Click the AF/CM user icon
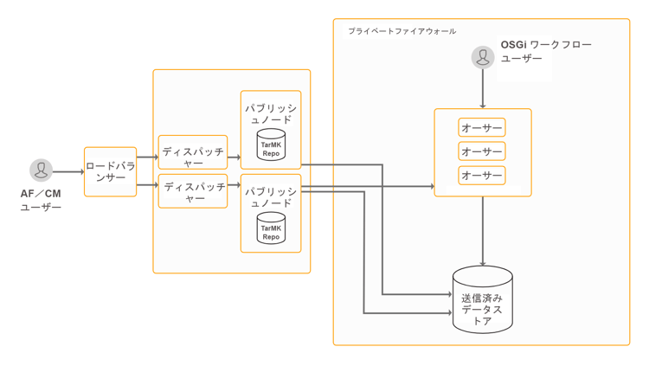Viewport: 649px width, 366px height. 41,170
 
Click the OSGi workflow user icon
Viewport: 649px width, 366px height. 483,57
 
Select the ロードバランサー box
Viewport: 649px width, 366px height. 111,171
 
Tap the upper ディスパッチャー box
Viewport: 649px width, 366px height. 193,152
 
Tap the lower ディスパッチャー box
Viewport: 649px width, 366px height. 193,191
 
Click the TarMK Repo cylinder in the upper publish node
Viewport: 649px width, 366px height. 271,146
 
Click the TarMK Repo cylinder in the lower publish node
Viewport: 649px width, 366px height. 271,228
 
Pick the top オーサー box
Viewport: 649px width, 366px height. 482,128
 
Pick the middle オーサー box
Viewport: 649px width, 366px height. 482,151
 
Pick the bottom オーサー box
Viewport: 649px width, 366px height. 482,175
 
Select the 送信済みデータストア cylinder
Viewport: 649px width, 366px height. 483,301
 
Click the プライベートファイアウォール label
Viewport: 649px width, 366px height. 402,31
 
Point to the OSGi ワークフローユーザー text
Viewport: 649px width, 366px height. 546,51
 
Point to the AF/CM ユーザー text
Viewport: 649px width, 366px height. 41,200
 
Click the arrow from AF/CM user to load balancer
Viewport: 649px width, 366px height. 68,171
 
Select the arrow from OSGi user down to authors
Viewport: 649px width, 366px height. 483,88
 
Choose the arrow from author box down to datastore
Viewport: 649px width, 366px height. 483,230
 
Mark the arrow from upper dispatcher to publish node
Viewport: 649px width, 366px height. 234,157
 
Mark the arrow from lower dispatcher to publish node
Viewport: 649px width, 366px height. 234,185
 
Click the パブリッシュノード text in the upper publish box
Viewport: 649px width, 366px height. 271,114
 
